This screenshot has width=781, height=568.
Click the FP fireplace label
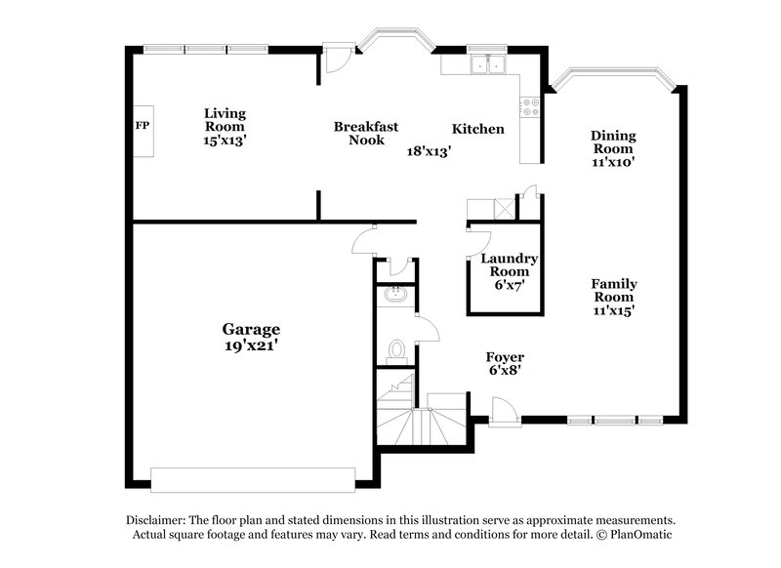[142, 127]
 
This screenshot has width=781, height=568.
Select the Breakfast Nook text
[365, 133]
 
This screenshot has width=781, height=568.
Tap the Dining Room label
[613, 148]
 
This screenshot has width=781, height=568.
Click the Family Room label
[613, 297]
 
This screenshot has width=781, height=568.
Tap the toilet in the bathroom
[396, 347]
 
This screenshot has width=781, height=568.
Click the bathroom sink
[396, 295]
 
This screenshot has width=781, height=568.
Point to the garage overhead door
[254, 478]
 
